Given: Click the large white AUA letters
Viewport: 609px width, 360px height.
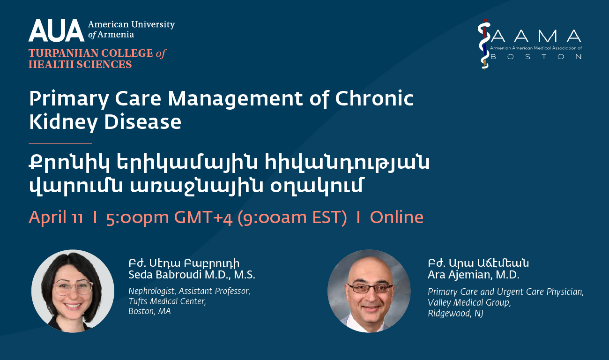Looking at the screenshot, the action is (x=56, y=30).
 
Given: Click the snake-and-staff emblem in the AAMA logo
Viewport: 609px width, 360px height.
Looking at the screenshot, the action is (x=484, y=44).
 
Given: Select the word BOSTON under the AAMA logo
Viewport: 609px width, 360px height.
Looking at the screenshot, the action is (x=535, y=57).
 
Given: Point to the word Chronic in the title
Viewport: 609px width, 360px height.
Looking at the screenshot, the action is (x=374, y=98).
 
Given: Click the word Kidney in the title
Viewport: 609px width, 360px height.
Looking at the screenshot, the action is (x=63, y=123).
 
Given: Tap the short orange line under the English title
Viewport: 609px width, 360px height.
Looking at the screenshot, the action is (x=60, y=143).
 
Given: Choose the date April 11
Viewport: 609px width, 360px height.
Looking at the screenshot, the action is (x=56, y=217).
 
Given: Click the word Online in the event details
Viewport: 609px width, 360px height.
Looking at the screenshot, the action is (x=396, y=217).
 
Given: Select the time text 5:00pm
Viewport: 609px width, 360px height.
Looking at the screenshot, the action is (x=138, y=218).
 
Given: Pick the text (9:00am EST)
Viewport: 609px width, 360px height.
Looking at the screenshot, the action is (x=292, y=218).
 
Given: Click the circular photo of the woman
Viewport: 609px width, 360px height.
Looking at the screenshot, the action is (x=73, y=291).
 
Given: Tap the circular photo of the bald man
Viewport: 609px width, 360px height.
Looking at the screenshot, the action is (x=369, y=291).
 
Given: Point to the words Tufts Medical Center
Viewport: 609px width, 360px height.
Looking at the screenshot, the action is (x=167, y=301).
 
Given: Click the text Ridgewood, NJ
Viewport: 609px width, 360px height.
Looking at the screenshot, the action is (x=455, y=313).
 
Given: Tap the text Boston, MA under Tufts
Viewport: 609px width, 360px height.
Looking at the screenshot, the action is (x=149, y=311).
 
